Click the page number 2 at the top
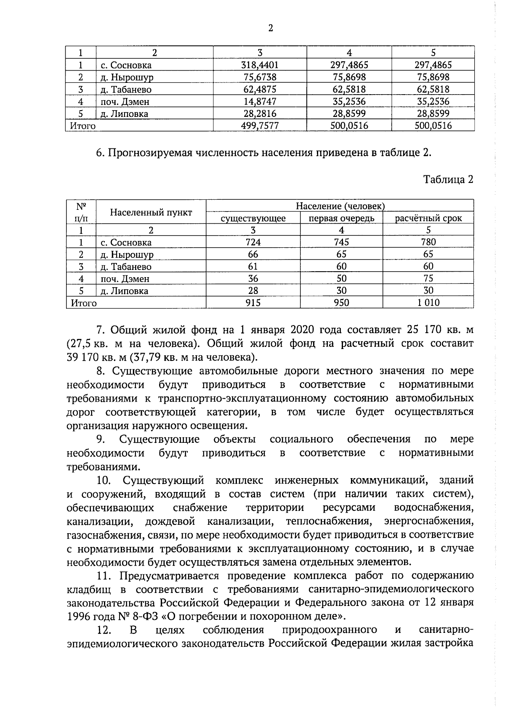pyautogui.click(x=270, y=28)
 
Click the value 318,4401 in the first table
pyautogui.click(x=260, y=65)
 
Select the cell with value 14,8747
pyautogui.click(x=260, y=101)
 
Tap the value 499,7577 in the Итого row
pyautogui.click(x=260, y=126)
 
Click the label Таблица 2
pyautogui.click(x=448, y=180)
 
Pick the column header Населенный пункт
pyautogui.click(x=151, y=212)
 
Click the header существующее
pyautogui.click(x=253, y=218)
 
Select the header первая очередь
pyautogui.click(x=341, y=218)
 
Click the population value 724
pyautogui.click(x=253, y=242)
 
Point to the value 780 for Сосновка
pyautogui.click(x=428, y=242)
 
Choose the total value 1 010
pyautogui.click(x=428, y=303)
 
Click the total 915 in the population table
pyautogui.click(x=253, y=303)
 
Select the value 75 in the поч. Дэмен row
pyautogui.click(x=428, y=278)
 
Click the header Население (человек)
pyautogui.click(x=340, y=206)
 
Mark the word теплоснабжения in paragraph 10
pyautogui.click(x=329, y=521)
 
